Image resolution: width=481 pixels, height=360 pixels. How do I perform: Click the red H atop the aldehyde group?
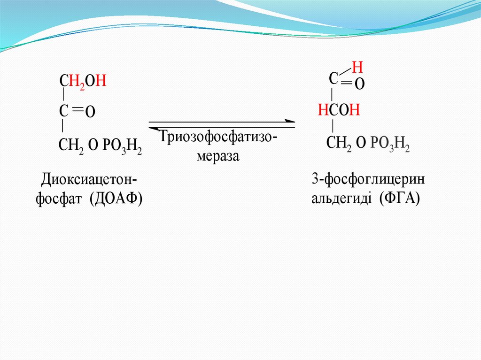[358, 65]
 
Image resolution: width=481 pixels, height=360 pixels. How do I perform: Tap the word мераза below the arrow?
[218, 156]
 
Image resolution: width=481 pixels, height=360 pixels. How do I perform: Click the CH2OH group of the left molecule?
[84, 82]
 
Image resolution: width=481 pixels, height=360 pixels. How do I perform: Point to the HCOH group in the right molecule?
[339, 110]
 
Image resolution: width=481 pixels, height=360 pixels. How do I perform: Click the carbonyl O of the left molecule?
[91, 112]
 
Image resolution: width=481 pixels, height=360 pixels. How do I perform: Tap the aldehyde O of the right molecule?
[359, 84]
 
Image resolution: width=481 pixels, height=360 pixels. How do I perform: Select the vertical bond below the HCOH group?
[333, 126]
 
